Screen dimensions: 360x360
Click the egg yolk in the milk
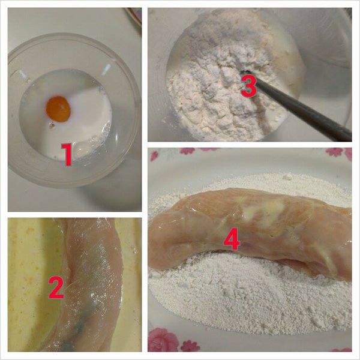(58, 109)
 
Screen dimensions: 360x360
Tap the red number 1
(68, 154)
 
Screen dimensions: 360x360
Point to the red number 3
(249, 87)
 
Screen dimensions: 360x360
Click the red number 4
(232, 240)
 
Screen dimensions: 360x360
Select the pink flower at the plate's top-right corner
(337, 152)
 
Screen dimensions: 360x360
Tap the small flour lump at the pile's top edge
(288, 176)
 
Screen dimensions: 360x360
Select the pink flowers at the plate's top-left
(186, 151)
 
